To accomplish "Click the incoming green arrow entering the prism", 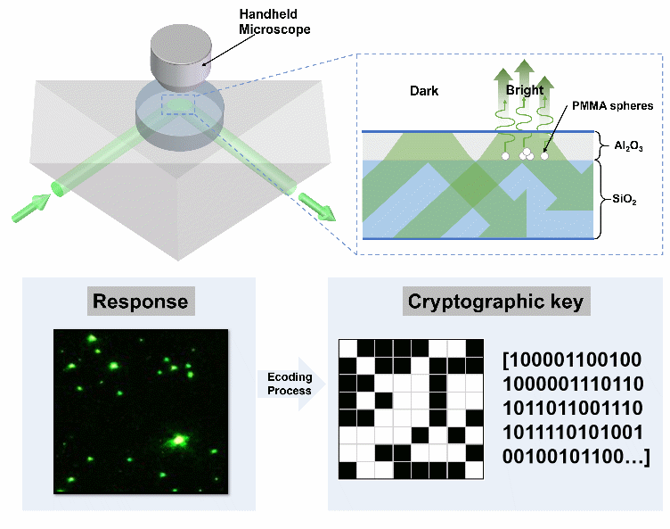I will point(36,203).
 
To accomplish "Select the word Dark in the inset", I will point(424,91).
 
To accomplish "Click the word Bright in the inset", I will point(524,91).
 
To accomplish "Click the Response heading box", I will point(140,301).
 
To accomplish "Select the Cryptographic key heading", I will point(494,301).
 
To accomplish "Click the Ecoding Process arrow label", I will point(290,384).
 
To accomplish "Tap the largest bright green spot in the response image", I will point(178,439).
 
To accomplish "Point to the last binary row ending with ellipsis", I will point(576,457).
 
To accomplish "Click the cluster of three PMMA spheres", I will point(526,154).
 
